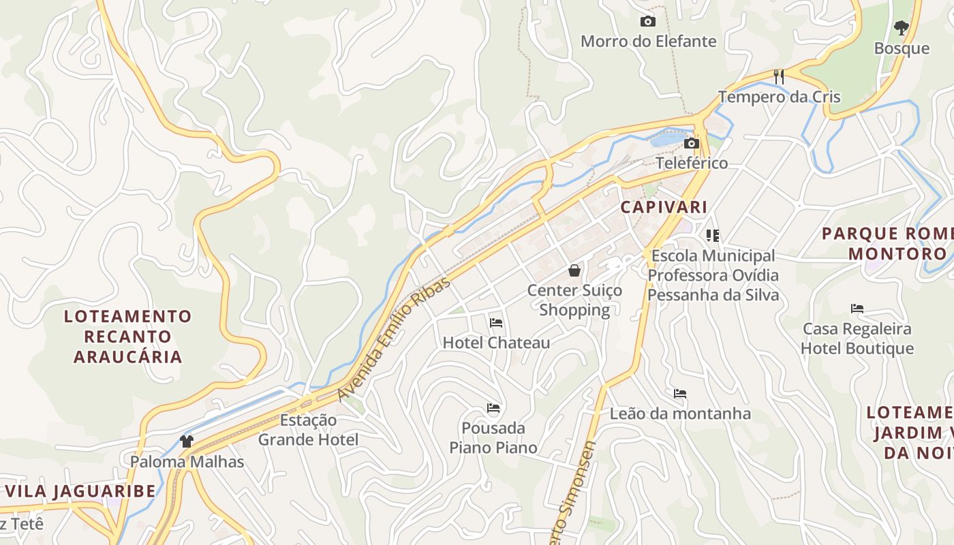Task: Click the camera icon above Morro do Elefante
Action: (648, 22)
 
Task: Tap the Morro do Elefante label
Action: (648, 42)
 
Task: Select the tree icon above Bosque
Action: (902, 28)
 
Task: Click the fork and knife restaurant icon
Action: (779, 76)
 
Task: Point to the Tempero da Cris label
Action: (779, 97)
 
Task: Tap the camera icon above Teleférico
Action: (692, 143)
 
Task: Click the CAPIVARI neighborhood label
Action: (664, 207)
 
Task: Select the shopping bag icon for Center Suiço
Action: (574, 270)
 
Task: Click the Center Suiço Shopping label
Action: (574, 300)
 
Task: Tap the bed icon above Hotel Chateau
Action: (496, 322)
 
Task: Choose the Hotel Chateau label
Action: (496, 343)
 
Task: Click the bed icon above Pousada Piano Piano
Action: (493, 408)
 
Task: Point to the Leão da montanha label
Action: (680, 414)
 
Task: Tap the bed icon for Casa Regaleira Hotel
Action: (857, 309)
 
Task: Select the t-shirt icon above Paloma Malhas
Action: (187, 441)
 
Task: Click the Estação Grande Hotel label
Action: (308, 430)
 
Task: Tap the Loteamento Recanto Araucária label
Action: (128, 337)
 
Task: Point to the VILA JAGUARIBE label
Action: (80, 491)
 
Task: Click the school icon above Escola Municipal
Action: (713, 236)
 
